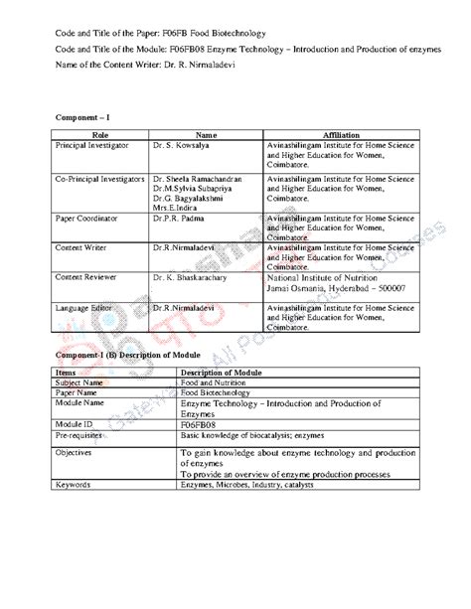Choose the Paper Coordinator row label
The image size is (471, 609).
click(87, 217)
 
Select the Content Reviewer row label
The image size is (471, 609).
click(87, 279)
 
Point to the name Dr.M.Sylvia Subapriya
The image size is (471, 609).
click(197, 186)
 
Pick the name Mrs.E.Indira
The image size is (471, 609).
click(175, 207)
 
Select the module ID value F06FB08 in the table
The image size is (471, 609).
click(199, 422)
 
